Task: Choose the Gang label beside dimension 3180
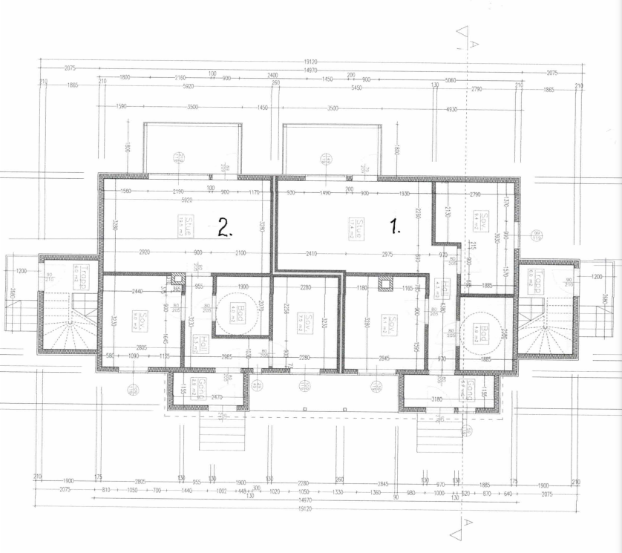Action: (x=469, y=390)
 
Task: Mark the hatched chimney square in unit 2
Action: (x=177, y=280)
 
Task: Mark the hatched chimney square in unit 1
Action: (x=384, y=282)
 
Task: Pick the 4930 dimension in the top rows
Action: (x=451, y=108)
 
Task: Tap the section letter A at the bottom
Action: (x=466, y=523)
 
